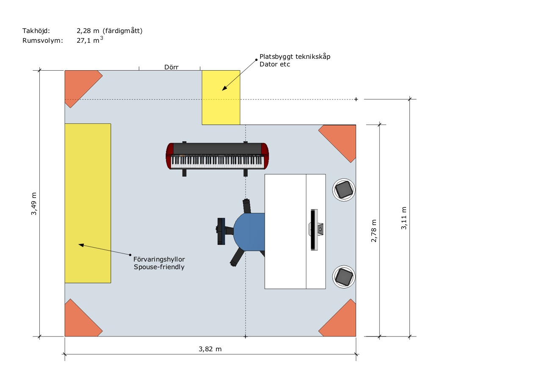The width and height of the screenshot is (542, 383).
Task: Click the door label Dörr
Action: [171, 67]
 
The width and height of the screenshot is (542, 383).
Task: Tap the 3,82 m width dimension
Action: [210, 349]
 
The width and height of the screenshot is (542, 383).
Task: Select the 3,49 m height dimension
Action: [33, 204]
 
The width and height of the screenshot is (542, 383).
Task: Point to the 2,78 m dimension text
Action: [373, 231]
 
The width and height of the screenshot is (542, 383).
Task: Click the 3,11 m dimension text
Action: [404, 218]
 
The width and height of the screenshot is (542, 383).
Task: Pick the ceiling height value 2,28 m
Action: [88, 31]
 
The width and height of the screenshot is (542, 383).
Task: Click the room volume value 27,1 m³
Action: [90, 40]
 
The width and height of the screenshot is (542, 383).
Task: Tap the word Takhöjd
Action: [36, 31]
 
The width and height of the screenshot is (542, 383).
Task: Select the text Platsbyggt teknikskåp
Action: [295, 57]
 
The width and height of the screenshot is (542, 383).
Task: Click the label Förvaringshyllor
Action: [159, 259]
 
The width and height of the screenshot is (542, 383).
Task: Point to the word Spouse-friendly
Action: [159, 267]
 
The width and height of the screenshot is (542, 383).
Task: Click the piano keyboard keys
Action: [217, 162]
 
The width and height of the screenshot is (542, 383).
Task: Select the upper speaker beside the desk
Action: [343, 190]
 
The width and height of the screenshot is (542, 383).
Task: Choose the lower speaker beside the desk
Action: [343, 277]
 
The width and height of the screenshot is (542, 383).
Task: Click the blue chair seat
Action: [249, 231]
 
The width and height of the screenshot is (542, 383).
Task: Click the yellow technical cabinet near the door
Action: [221, 97]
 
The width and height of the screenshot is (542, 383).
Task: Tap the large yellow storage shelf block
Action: [88, 203]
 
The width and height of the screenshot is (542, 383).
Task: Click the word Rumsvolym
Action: [43, 40]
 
